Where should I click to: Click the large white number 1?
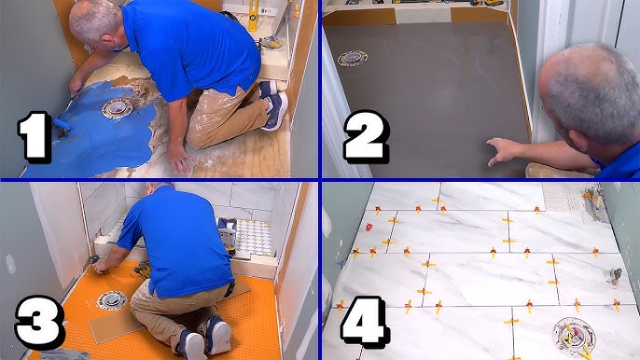[x=35, y=137]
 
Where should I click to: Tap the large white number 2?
[x=366, y=136]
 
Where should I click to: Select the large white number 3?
[x=39, y=322]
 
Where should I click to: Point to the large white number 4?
[x=364, y=322]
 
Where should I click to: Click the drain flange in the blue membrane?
[x=118, y=109]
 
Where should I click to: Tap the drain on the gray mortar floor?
[x=353, y=59]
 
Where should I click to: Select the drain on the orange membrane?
[x=112, y=301]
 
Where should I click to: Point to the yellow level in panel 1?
[x=253, y=16]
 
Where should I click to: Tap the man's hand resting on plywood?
[x=179, y=159]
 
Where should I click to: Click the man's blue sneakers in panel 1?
[x=273, y=104]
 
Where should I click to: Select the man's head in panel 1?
[x=96, y=23]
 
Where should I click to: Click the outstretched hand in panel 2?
[x=504, y=151]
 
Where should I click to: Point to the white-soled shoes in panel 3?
[x=205, y=337]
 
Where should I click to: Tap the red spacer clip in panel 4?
[x=369, y=227]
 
